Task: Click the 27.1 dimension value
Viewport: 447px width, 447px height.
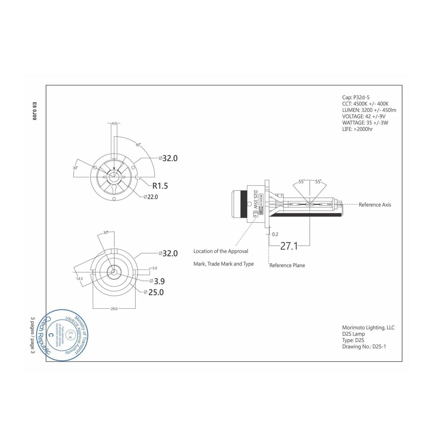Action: pos(289,246)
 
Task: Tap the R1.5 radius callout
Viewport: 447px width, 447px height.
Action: pos(160,186)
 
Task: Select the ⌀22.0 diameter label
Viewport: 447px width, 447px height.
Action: pos(151,197)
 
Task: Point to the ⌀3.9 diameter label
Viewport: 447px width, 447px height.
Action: pos(157,281)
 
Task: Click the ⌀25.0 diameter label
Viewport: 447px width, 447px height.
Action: pos(154,292)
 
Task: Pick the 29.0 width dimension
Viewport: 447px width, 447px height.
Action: pos(114,309)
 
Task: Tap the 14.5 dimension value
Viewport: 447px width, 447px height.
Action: pos(79,279)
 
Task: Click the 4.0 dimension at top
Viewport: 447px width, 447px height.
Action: pos(114,123)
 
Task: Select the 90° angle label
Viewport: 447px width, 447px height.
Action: pos(138,145)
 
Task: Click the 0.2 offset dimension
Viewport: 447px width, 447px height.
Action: pos(275,235)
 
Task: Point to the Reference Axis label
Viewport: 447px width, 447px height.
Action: pos(375,205)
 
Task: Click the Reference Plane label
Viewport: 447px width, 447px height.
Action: pos(287,266)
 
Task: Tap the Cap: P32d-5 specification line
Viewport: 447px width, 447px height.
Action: pos(356,97)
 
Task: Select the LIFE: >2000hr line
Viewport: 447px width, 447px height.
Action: pos(357,129)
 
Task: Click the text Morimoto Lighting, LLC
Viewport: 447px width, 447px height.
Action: pos(368,328)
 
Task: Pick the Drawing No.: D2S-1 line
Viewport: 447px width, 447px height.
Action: pos(364,347)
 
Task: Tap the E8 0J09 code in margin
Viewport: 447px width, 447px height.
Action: pos(34,111)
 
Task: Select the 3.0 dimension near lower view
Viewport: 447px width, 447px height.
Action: pos(154,268)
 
